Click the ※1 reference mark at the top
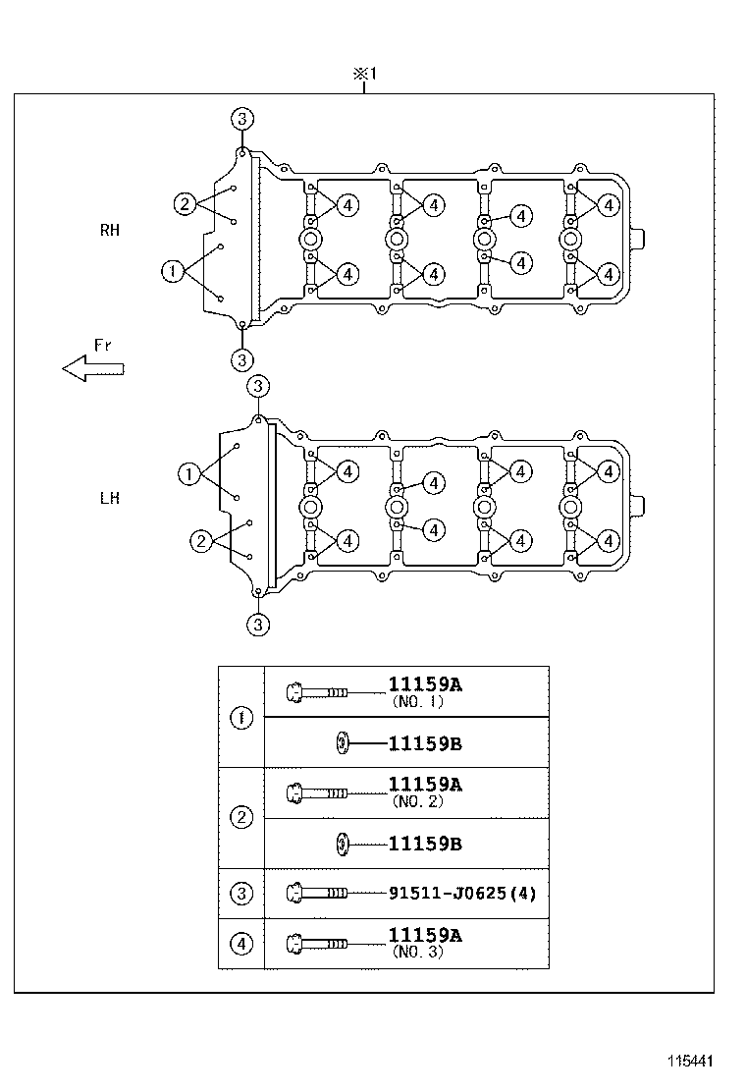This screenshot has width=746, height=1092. pos(364,75)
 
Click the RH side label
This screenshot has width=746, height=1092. pos(109,230)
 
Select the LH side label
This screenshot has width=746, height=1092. pos(109,498)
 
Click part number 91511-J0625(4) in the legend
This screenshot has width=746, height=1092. pos(462,894)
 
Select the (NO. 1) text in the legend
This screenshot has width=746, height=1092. pos(418,702)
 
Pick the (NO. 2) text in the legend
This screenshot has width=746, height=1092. pos(418,801)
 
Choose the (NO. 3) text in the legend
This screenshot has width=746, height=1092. pos(418,952)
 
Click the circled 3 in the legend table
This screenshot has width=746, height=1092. pos(241,894)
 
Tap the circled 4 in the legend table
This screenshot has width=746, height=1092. pos(241,944)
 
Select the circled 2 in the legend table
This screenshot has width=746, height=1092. pos(241,817)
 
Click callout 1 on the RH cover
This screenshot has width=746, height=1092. pos(173,270)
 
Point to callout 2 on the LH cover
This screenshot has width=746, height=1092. pos(201,541)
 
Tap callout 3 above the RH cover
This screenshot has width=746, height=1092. pos(242,119)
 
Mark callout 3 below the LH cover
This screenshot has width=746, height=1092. pos(257,625)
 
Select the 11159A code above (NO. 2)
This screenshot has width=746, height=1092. pos(424,785)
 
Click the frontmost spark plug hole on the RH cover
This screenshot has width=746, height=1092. pos(309,240)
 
